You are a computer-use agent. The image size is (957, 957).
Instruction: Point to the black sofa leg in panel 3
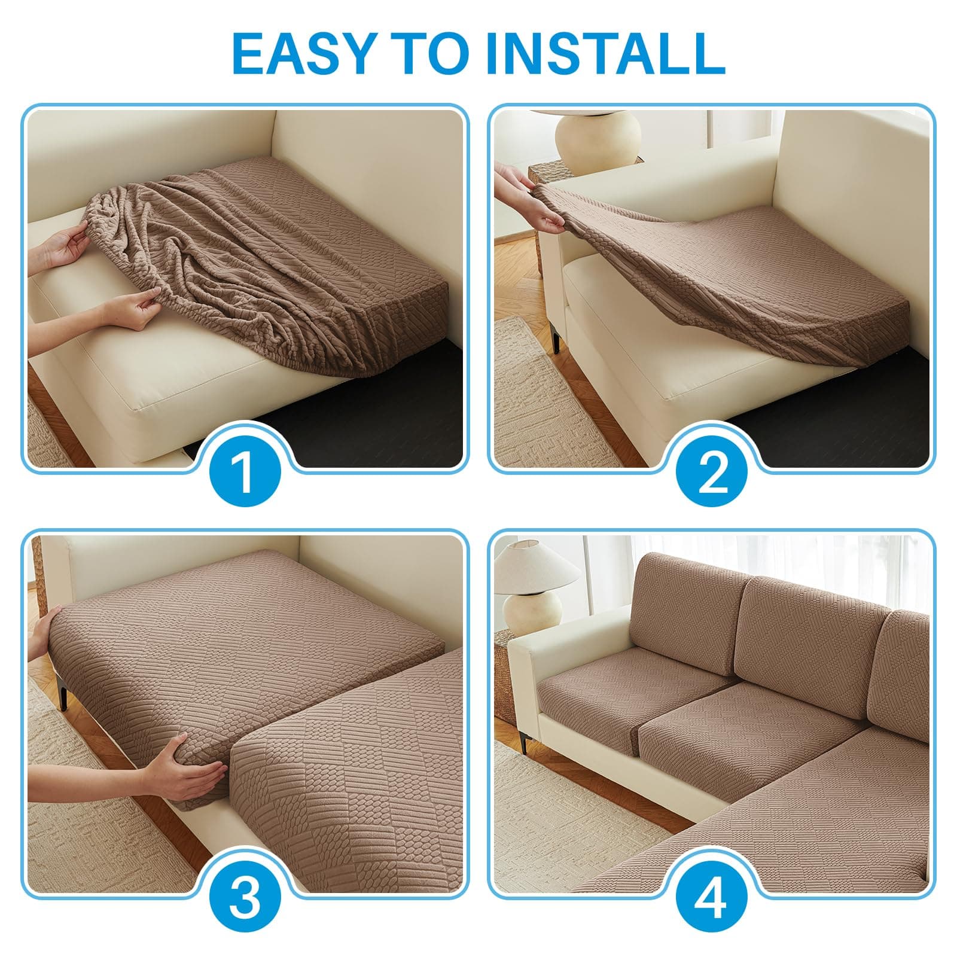[61, 696]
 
